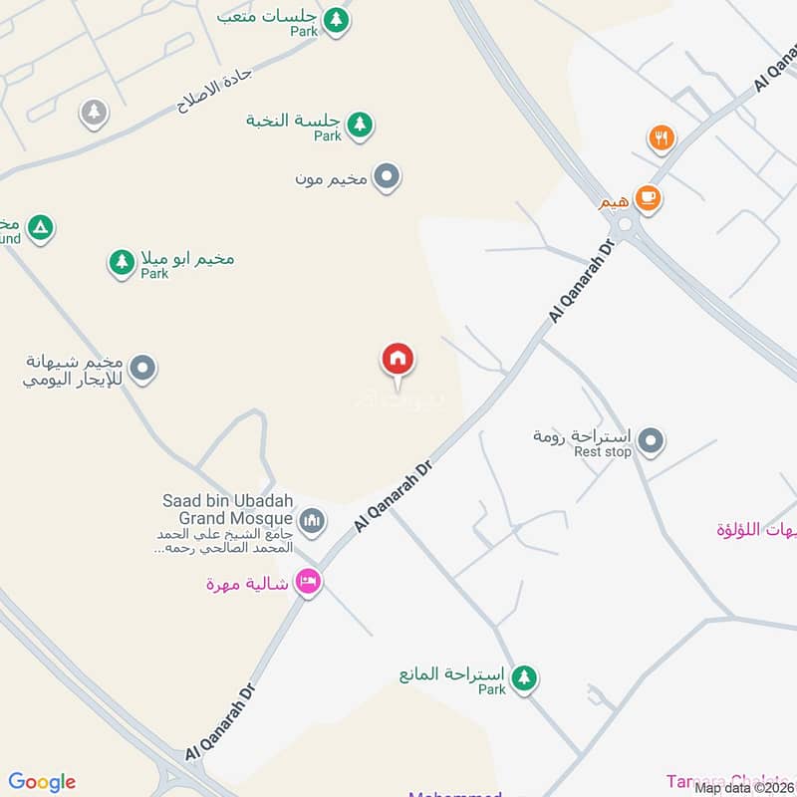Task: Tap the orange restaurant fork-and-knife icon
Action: coord(661,138)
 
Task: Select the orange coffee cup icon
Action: coord(648,199)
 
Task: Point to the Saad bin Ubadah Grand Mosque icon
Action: coord(313,519)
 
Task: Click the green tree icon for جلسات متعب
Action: coord(337,18)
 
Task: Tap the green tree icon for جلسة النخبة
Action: coord(360,124)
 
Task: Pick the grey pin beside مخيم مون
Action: coord(388,177)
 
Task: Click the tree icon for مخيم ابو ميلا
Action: coord(122,262)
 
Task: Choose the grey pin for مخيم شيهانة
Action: coord(143,369)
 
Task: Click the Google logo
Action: coord(42,782)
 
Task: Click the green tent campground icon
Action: coord(39,228)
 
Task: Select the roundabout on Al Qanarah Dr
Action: coord(625,226)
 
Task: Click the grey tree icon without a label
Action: coord(94,112)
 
